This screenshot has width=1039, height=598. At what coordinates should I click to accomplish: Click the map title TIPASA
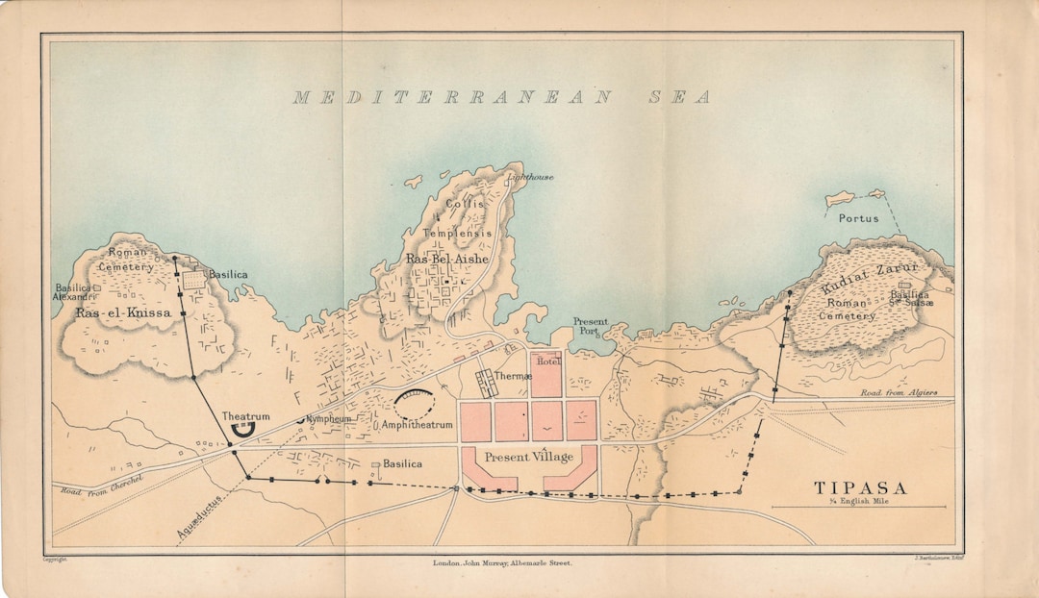tap(860, 487)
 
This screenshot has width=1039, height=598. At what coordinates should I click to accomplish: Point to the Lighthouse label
tap(531, 177)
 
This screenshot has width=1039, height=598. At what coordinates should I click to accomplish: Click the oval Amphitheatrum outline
tap(414, 405)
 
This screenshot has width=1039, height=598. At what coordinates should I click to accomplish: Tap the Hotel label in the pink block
tap(547, 361)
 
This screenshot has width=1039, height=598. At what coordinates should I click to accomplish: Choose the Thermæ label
tap(514, 376)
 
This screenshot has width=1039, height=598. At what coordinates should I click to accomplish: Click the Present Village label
tap(528, 458)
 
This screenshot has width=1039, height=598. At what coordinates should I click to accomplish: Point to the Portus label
tap(858, 218)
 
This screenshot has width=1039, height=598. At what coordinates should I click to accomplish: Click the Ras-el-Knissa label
tap(123, 313)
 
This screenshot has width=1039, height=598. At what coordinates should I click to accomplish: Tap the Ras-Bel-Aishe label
tap(446, 259)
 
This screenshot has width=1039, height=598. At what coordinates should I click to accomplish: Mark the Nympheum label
tap(328, 419)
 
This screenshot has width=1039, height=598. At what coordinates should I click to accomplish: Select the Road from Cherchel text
tap(102, 486)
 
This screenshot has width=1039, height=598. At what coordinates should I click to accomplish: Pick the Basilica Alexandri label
tap(73, 292)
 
